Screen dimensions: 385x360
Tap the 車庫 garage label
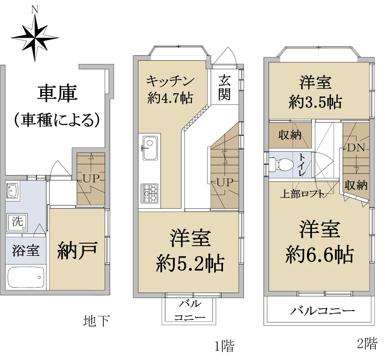click(x=57, y=93)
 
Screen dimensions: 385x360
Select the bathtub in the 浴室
click(x=26, y=278)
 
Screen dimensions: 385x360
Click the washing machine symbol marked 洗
click(x=17, y=222)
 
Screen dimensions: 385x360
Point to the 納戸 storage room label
click(x=77, y=250)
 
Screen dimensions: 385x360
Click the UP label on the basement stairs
click(x=91, y=179)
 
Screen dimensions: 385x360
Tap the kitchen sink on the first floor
click(x=150, y=148)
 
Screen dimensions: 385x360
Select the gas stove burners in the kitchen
click(x=150, y=193)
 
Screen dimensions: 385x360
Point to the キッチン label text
click(x=170, y=81)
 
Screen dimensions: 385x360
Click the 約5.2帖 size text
click(x=190, y=264)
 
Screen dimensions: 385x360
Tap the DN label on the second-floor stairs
click(x=356, y=148)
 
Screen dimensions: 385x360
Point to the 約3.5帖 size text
click(x=315, y=102)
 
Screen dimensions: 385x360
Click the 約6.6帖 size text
click(x=320, y=254)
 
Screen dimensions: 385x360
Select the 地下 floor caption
click(x=97, y=321)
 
